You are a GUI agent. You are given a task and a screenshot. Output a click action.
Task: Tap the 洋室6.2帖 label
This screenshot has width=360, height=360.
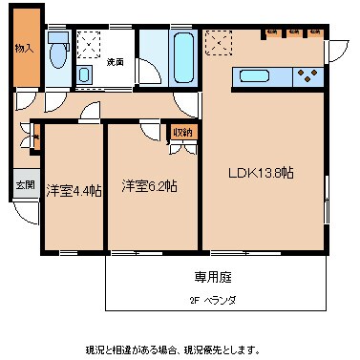point(148,187)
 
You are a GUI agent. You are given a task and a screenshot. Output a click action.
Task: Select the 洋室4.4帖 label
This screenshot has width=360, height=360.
point(73,189)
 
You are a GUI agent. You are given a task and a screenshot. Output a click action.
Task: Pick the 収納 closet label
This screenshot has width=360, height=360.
point(182,132)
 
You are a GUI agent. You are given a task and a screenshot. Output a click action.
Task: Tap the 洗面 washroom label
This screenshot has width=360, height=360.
point(115,62)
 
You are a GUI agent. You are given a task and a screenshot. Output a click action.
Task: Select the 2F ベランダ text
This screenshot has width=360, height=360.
point(212,300)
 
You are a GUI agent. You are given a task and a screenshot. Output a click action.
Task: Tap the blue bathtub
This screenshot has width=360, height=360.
point(182,59)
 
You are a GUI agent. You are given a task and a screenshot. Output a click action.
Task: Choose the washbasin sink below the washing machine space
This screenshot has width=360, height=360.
point(85,74)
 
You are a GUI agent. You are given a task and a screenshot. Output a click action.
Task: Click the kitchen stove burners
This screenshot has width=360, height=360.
point(309,74)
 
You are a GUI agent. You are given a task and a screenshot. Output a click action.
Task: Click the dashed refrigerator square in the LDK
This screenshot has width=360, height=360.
point(218,43)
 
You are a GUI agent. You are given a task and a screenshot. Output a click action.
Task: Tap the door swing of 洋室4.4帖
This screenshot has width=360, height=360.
point(91,111)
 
